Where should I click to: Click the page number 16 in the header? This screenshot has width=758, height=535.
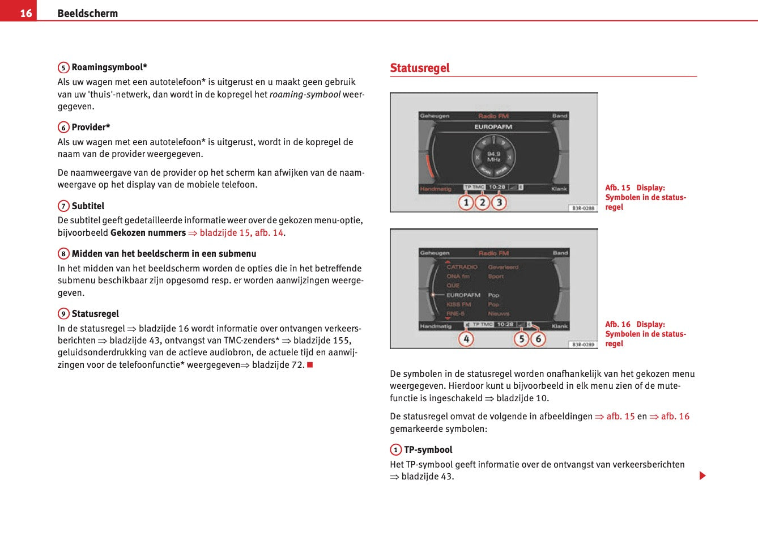pyautogui.click(x=26, y=12)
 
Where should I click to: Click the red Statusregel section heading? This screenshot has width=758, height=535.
pyautogui.click(x=419, y=68)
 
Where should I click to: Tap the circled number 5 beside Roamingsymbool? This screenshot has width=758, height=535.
pyautogui.click(x=63, y=67)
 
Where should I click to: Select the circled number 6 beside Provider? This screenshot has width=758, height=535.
pyautogui.click(x=63, y=128)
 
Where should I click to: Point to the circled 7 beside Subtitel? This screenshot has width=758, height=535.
pyautogui.click(x=63, y=206)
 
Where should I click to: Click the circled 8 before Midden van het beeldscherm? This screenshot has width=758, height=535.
pyautogui.click(x=63, y=254)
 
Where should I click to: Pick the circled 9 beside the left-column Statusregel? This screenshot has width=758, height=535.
pyautogui.click(x=63, y=314)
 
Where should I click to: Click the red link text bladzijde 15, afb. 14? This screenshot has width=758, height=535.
pyautogui.click(x=241, y=233)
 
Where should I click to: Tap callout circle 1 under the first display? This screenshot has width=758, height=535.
pyautogui.click(x=466, y=202)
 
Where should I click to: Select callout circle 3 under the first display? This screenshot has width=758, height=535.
pyautogui.click(x=499, y=202)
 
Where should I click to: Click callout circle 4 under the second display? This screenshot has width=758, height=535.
pyautogui.click(x=466, y=339)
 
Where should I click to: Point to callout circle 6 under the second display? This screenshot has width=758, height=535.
pyautogui.click(x=538, y=339)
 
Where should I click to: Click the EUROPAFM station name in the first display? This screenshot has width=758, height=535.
pyautogui.click(x=493, y=127)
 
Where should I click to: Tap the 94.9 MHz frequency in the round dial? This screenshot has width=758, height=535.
pyautogui.click(x=493, y=156)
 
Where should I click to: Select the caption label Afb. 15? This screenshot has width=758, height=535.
pyautogui.click(x=618, y=188)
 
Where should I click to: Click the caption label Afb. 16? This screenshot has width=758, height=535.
pyautogui.click(x=618, y=324)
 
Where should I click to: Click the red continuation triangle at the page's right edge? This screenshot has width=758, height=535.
pyautogui.click(x=702, y=475)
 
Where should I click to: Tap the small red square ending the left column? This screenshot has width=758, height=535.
pyautogui.click(x=310, y=364)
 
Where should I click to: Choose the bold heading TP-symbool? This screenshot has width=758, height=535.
pyautogui.click(x=428, y=450)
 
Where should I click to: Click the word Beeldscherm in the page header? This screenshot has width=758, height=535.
pyautogui.click(x=87, y=13)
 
